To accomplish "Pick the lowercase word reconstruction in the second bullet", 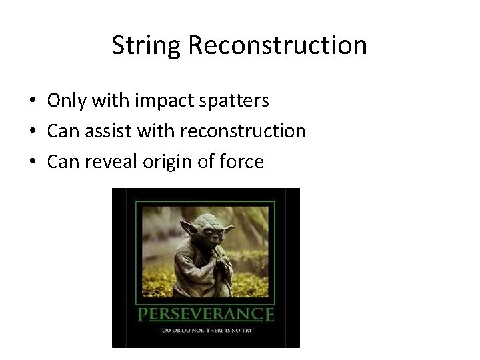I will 241,131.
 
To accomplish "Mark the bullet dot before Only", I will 33,101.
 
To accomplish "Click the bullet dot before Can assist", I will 33,131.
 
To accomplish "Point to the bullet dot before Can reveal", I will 33,161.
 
